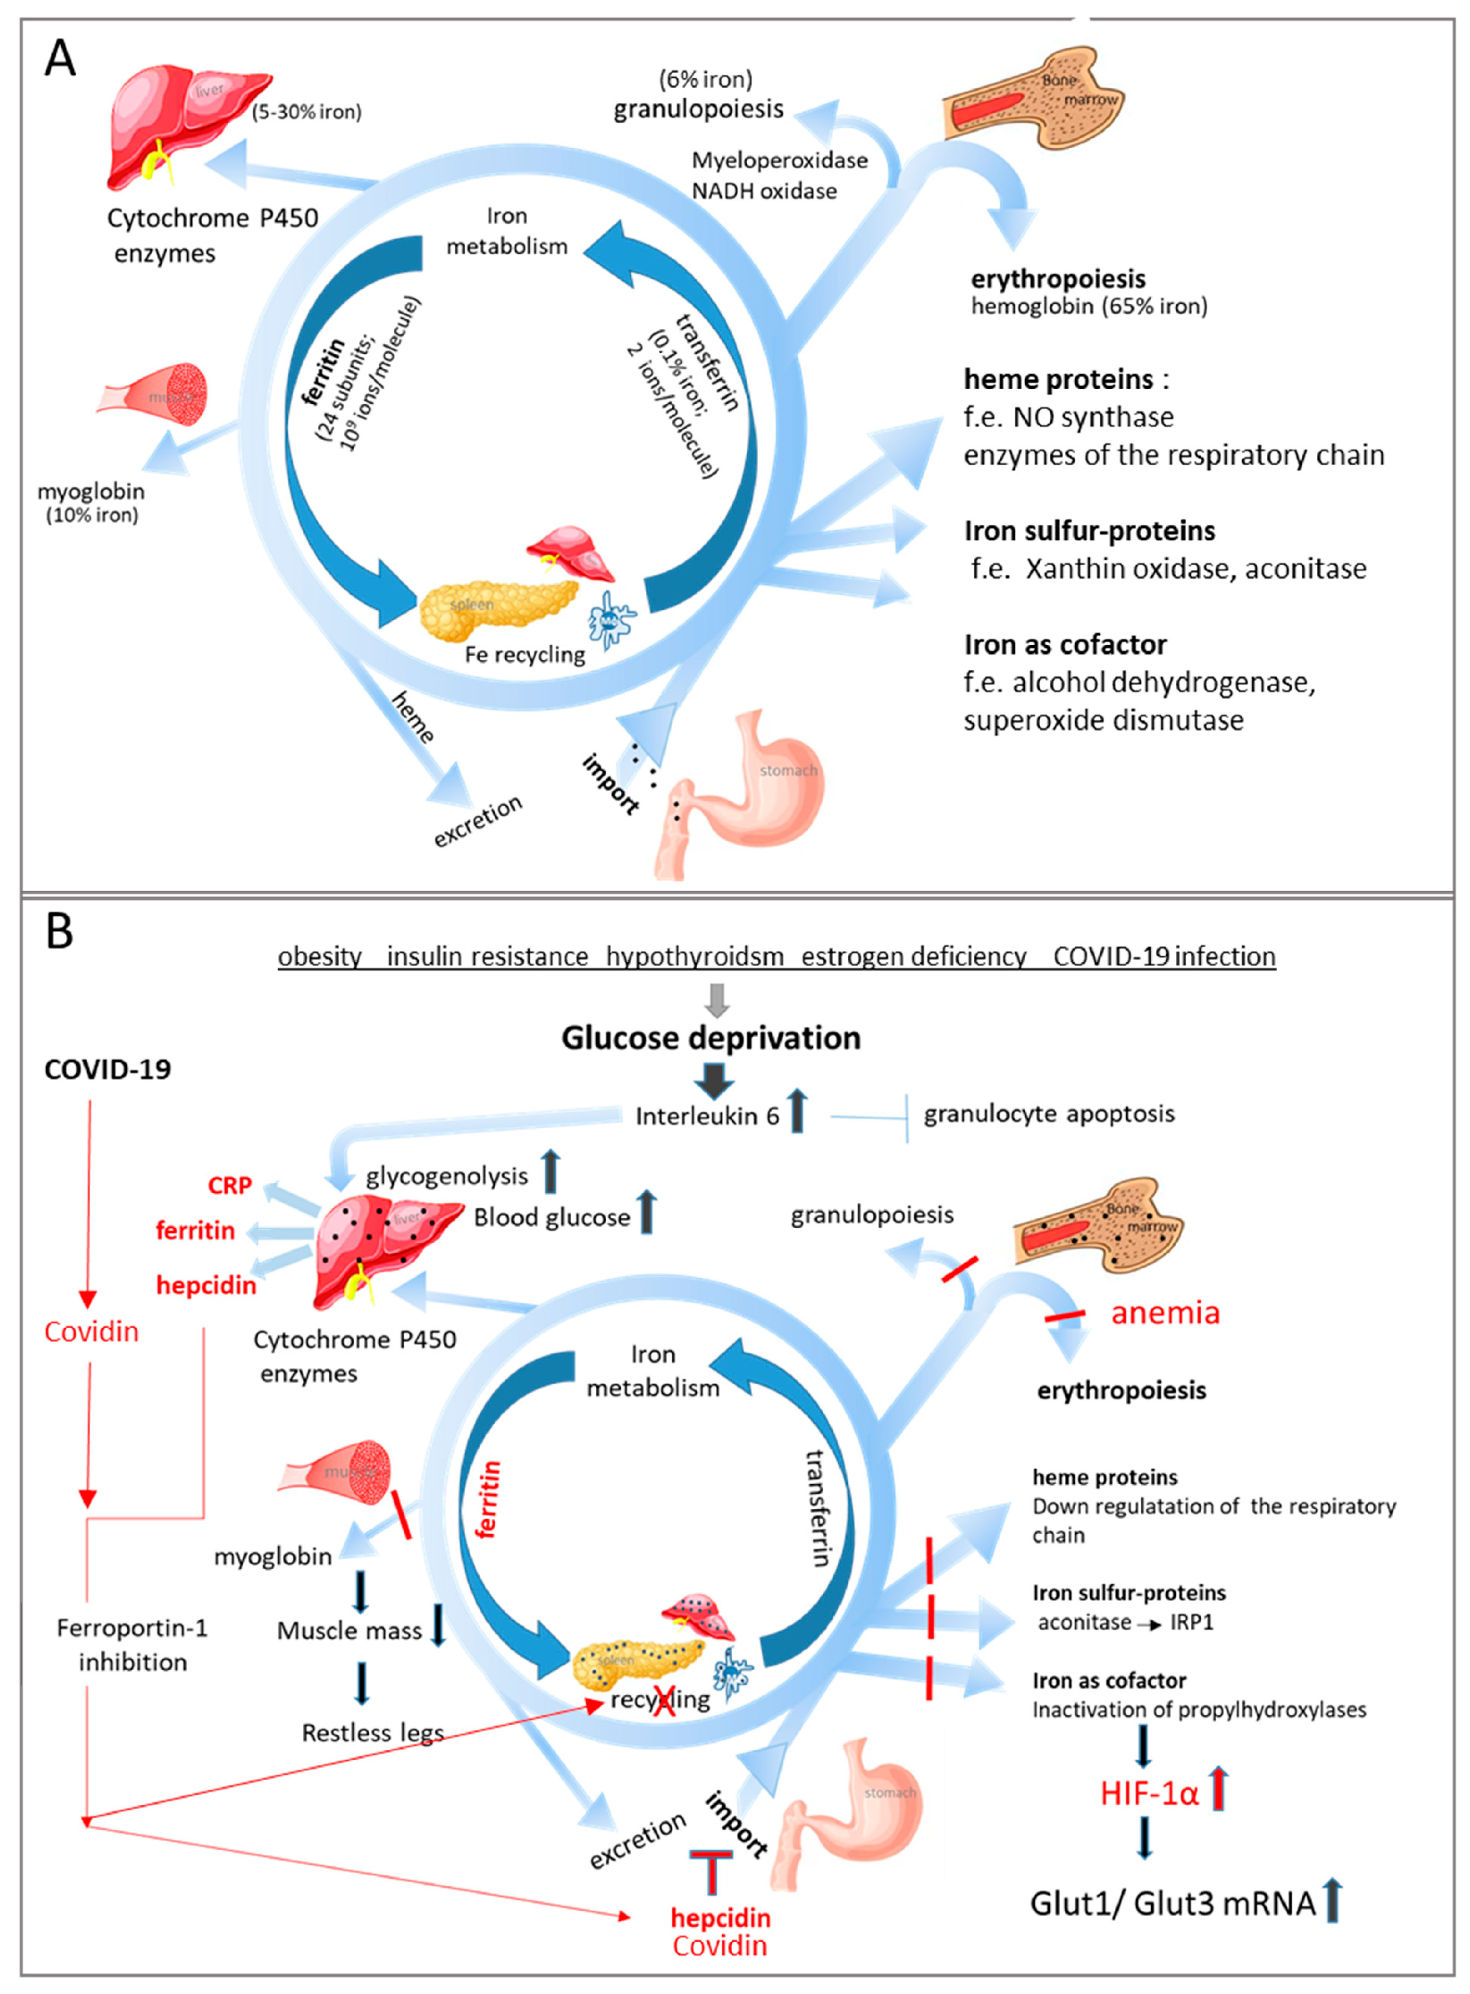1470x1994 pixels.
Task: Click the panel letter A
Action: point(60,59)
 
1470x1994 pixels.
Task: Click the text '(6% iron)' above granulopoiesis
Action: point(705,79)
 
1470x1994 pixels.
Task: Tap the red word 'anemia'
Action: point(1165,1312)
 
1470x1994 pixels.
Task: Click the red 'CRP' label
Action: point(229,1185)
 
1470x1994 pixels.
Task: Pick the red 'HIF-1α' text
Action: point(1149,1793)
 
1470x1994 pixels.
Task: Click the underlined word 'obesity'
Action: point(319,956)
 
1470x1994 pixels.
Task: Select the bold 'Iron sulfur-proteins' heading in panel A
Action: point(1089,531)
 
